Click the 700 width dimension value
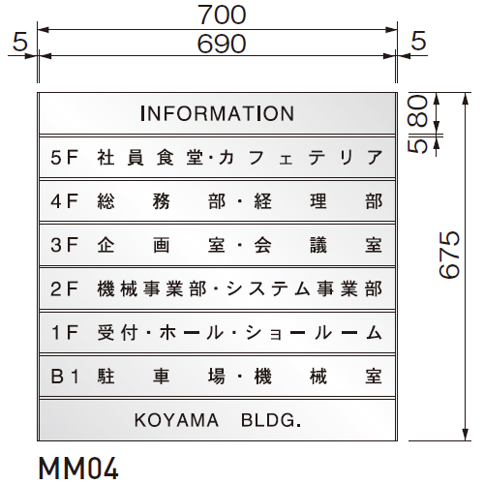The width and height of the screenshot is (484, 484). point(222,15)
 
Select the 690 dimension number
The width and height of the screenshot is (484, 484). point(222,44)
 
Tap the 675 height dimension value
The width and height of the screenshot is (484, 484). point(449,255)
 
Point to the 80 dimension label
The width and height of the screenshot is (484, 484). point(417,111)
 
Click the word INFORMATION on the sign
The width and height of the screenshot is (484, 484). point(218,113)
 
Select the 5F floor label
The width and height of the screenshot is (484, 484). point(65,158)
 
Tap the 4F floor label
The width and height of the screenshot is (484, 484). point(65,201)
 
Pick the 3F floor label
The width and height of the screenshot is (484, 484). point(65,245)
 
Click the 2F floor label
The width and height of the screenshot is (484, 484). point(65,288)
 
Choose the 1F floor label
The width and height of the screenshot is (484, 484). point(65,333)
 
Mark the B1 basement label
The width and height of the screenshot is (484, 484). point(65,377)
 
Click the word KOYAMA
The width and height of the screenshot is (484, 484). point(176,420)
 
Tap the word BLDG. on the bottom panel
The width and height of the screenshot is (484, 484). point(271,420)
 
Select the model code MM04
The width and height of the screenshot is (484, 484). point(78,468)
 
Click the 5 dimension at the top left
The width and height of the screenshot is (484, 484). point(20,42)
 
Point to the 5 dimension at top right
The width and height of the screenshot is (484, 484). point(419,41)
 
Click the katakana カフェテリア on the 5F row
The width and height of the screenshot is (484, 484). point(301,158)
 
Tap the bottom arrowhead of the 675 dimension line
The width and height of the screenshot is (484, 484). point(465,435)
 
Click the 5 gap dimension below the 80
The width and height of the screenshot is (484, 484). point(417,146)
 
